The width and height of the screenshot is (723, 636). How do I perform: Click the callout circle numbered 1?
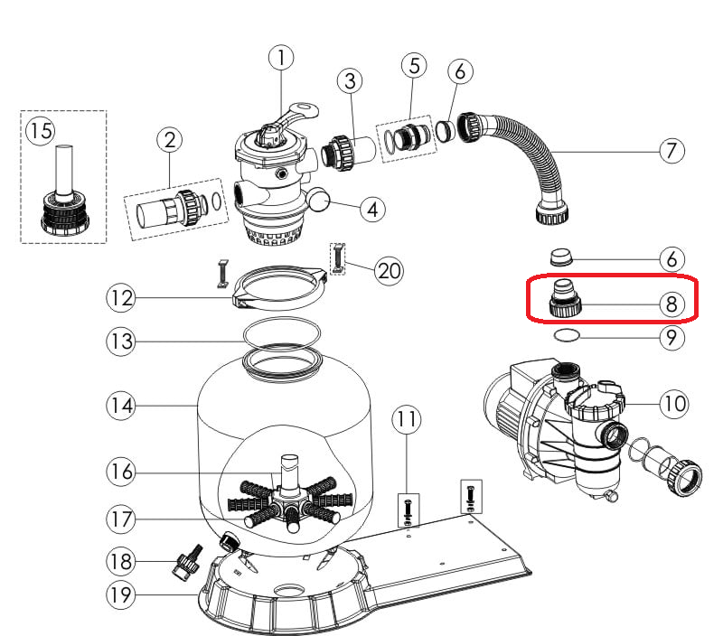coord(281,58)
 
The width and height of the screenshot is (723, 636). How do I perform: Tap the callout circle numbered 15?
coord(41,131)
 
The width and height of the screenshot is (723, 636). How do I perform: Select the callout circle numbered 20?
coord(389,271)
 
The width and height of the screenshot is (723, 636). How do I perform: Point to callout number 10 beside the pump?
coord(673,404)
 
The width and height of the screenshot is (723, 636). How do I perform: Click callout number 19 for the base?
coord(121,594)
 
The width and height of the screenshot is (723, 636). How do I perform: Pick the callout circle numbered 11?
coord(407,419)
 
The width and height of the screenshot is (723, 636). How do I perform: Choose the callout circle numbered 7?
coord(671,151)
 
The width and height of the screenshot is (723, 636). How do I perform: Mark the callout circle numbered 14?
coord(121,406)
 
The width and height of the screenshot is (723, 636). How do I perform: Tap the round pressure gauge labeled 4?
coord(319,199)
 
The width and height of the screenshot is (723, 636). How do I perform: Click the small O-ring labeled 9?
coord(567,335)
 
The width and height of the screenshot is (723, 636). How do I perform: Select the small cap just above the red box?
coord(561,257)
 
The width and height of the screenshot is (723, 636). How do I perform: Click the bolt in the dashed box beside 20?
coord(338,258)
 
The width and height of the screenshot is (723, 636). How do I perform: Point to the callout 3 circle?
coord(350,81)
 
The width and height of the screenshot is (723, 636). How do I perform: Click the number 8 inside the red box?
coord(671,304)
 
